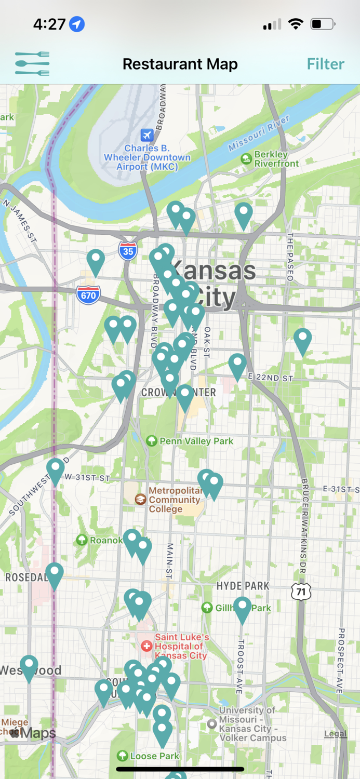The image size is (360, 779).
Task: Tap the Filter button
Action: [325, 64]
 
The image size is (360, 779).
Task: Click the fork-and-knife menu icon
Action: [32, 64]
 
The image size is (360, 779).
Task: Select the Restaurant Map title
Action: [180, 64]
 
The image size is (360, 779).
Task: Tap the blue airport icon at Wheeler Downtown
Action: [147, 135]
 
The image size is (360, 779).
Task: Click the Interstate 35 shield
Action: [127, 251]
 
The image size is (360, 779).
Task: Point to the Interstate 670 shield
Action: [88, 295]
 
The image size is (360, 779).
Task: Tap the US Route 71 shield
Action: [301, 591]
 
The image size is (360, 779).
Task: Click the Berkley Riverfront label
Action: [276, 159]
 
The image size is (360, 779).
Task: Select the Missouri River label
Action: [259, 133]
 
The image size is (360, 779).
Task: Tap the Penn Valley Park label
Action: [196, 441]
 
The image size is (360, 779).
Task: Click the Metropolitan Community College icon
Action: [140, 500]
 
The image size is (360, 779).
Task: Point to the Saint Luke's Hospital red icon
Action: [147, 646]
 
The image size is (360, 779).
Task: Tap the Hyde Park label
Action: [243, 586]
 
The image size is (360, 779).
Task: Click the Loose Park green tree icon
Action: [123, 756]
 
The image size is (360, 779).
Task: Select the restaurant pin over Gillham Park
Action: [242, 608]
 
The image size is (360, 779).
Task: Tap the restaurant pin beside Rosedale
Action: [55, 574]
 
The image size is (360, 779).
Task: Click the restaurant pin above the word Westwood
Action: [29, 666]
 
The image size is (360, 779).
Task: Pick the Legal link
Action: [335, 733]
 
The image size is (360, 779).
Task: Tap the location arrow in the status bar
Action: [77, 24]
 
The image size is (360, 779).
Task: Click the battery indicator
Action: [322, 24]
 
